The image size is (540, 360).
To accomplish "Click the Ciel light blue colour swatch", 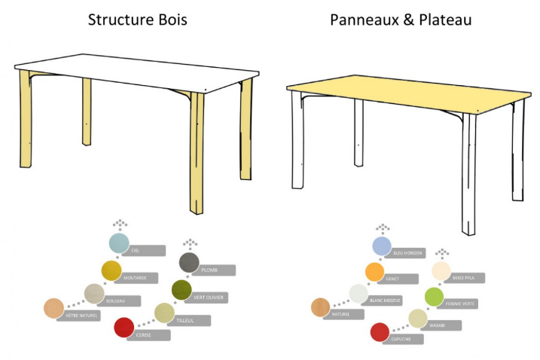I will [119, 243].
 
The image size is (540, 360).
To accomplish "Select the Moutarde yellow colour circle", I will [111, 270].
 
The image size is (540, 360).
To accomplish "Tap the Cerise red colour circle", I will [124, 328].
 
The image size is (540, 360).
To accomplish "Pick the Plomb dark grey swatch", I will [189, 262].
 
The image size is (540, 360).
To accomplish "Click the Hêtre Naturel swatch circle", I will [53, 308].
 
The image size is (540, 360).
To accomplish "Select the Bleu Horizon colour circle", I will [383, 246].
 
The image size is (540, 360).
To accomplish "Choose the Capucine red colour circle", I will [380, 331].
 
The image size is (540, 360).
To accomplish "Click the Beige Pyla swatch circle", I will [441, 271].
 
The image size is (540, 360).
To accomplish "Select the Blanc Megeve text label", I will [384, 300].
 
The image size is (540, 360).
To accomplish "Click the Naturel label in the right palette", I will [340, 314].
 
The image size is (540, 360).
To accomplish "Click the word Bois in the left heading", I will [170, 20].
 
